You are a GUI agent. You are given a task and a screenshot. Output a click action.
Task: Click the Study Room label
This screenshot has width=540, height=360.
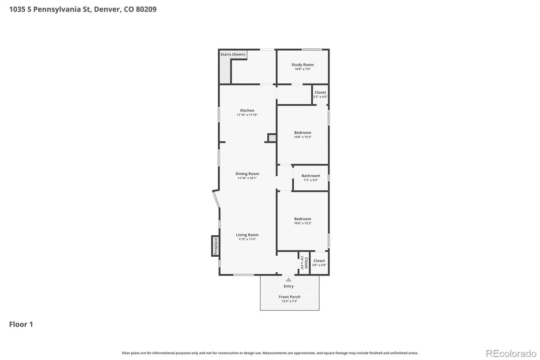(x=302, y=65)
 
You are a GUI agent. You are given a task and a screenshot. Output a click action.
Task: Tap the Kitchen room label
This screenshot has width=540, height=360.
(x=247, y=110)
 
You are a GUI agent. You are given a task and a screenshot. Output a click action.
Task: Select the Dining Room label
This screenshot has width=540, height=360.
(x=247, y=174)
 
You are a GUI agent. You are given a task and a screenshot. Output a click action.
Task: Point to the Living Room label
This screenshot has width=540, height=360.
(x=247, y=235)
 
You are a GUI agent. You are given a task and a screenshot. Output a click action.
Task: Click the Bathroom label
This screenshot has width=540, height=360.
(x=311, y=176)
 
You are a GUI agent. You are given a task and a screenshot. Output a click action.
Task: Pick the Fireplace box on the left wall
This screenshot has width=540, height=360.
(x=215, y=246)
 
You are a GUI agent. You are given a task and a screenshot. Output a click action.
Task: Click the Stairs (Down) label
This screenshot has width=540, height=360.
(x=233, y=54)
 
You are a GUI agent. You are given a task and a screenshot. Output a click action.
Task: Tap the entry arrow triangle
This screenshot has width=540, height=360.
(x=289, y=280)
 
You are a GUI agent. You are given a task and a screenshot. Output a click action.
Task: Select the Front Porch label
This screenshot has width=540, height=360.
(x=290, y=297)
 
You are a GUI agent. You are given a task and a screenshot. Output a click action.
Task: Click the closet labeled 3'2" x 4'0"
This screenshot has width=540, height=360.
(x=320, y=94)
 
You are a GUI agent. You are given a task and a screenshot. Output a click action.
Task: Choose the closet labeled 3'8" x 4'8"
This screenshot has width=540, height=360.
(x=319, y=262)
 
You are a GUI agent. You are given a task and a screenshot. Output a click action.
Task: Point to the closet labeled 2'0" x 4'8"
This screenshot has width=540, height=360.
(x=304, y=263)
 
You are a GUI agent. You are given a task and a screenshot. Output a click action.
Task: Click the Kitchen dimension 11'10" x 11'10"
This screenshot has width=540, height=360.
(x=247, y=115)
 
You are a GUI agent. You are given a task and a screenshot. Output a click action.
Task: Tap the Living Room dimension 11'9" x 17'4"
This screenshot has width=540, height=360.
(x=247, y=239)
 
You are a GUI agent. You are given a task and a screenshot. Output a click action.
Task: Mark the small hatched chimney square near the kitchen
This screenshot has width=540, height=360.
(x=272, y=138)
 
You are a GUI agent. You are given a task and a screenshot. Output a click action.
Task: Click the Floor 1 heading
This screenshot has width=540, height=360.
(x=21, y=324)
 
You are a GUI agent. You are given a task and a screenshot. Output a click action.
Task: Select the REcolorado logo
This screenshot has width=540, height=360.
(x=511, y=354)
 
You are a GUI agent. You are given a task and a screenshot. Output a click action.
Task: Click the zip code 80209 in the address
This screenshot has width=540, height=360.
(x=146, y=9)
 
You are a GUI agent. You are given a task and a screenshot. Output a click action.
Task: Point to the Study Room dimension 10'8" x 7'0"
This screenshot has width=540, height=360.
(x=302, y=69)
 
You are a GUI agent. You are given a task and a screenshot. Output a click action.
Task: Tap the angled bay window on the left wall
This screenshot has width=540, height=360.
(x=216, y=199)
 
